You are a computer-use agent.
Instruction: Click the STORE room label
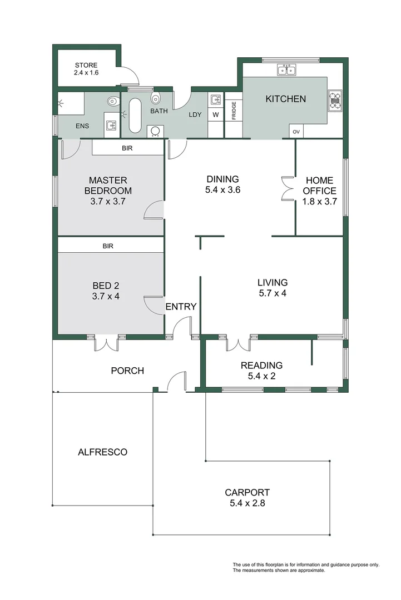coord(86,65)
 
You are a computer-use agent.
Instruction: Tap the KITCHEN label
coord(286,99)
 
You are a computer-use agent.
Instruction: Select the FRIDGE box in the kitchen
coord(234,114)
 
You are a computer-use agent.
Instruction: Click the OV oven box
coord(296,132)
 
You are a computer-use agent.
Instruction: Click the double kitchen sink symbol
coord(286,70)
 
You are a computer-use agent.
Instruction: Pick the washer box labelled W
coord(216,115)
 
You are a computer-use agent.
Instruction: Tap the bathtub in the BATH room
coord(134,116)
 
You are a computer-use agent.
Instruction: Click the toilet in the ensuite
coord(112,101)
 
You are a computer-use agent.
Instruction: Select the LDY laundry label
coord(195,114)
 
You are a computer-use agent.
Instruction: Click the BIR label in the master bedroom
coord(127,148)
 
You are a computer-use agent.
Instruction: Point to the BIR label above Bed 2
coord(108,246)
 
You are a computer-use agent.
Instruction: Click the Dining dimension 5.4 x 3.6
coord(223,190)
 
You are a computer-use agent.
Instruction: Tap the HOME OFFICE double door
coord(287,188)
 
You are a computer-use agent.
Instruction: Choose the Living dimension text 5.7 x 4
coord(273,293)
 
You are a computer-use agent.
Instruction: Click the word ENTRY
coord(181,307)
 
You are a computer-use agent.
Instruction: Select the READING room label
coord(261,366)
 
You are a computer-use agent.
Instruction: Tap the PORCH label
coord(127,371)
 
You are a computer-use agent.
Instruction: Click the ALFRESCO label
coord(103,452)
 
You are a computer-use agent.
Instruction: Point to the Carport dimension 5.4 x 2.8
coord(247,503)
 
